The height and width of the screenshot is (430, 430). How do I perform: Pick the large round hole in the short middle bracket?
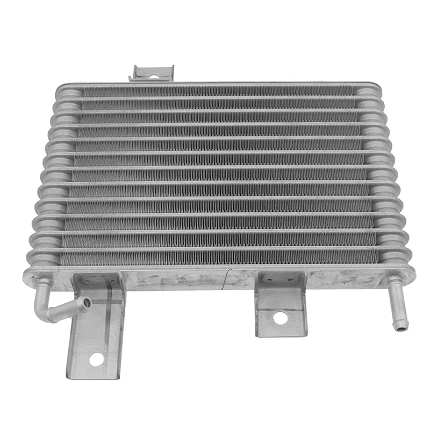(279, 318)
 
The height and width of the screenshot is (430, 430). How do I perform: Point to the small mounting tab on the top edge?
(153, 73)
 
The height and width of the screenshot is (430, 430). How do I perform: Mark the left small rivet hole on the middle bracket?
(267, 279)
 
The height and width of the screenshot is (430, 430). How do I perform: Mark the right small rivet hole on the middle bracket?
(290, 279)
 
